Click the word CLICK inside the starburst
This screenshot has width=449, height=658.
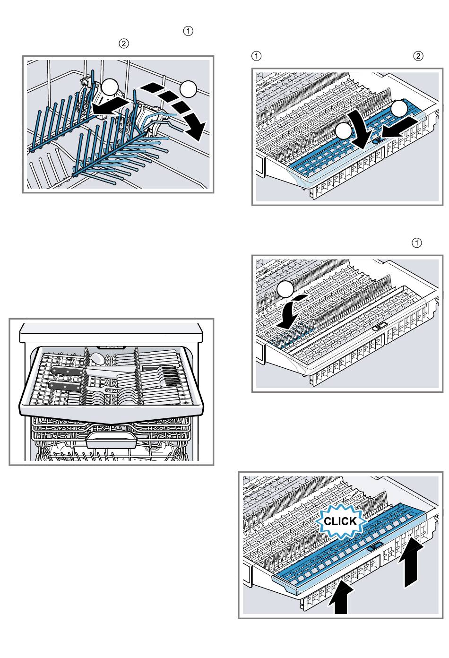[340, 521]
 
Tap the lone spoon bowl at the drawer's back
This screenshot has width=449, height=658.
[97, 359]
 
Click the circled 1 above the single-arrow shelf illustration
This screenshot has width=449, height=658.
[416, 243]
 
